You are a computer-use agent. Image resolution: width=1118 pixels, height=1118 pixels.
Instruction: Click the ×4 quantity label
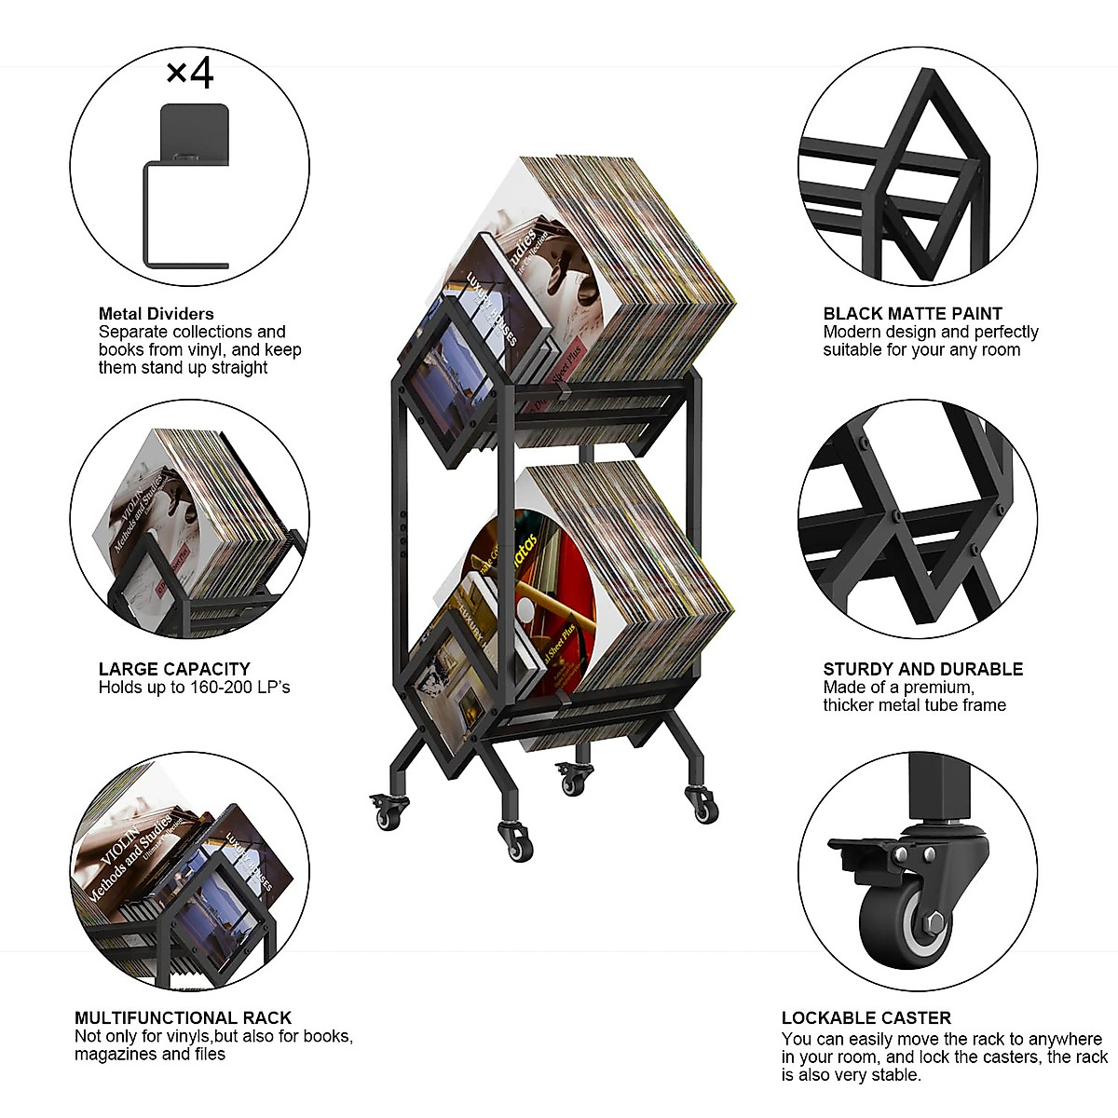[x=190, y=74]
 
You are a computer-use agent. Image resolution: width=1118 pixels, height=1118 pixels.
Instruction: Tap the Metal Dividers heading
[x=156, y=314]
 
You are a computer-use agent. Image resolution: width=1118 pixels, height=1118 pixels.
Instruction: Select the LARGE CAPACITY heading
[x=174, y=669]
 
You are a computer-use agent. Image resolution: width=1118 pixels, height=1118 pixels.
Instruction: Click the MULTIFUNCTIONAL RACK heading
[x=183, y=1018]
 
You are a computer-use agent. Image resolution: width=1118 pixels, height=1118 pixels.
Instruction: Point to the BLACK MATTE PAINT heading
[x=912, y=314]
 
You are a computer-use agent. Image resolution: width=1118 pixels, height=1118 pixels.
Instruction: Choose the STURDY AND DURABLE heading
[x=922, y=669]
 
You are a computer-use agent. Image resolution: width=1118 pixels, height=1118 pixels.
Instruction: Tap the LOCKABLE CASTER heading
[x=866, y=1018]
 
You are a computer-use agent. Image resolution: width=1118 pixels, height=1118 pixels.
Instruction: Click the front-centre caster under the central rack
[x=514, y=838]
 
